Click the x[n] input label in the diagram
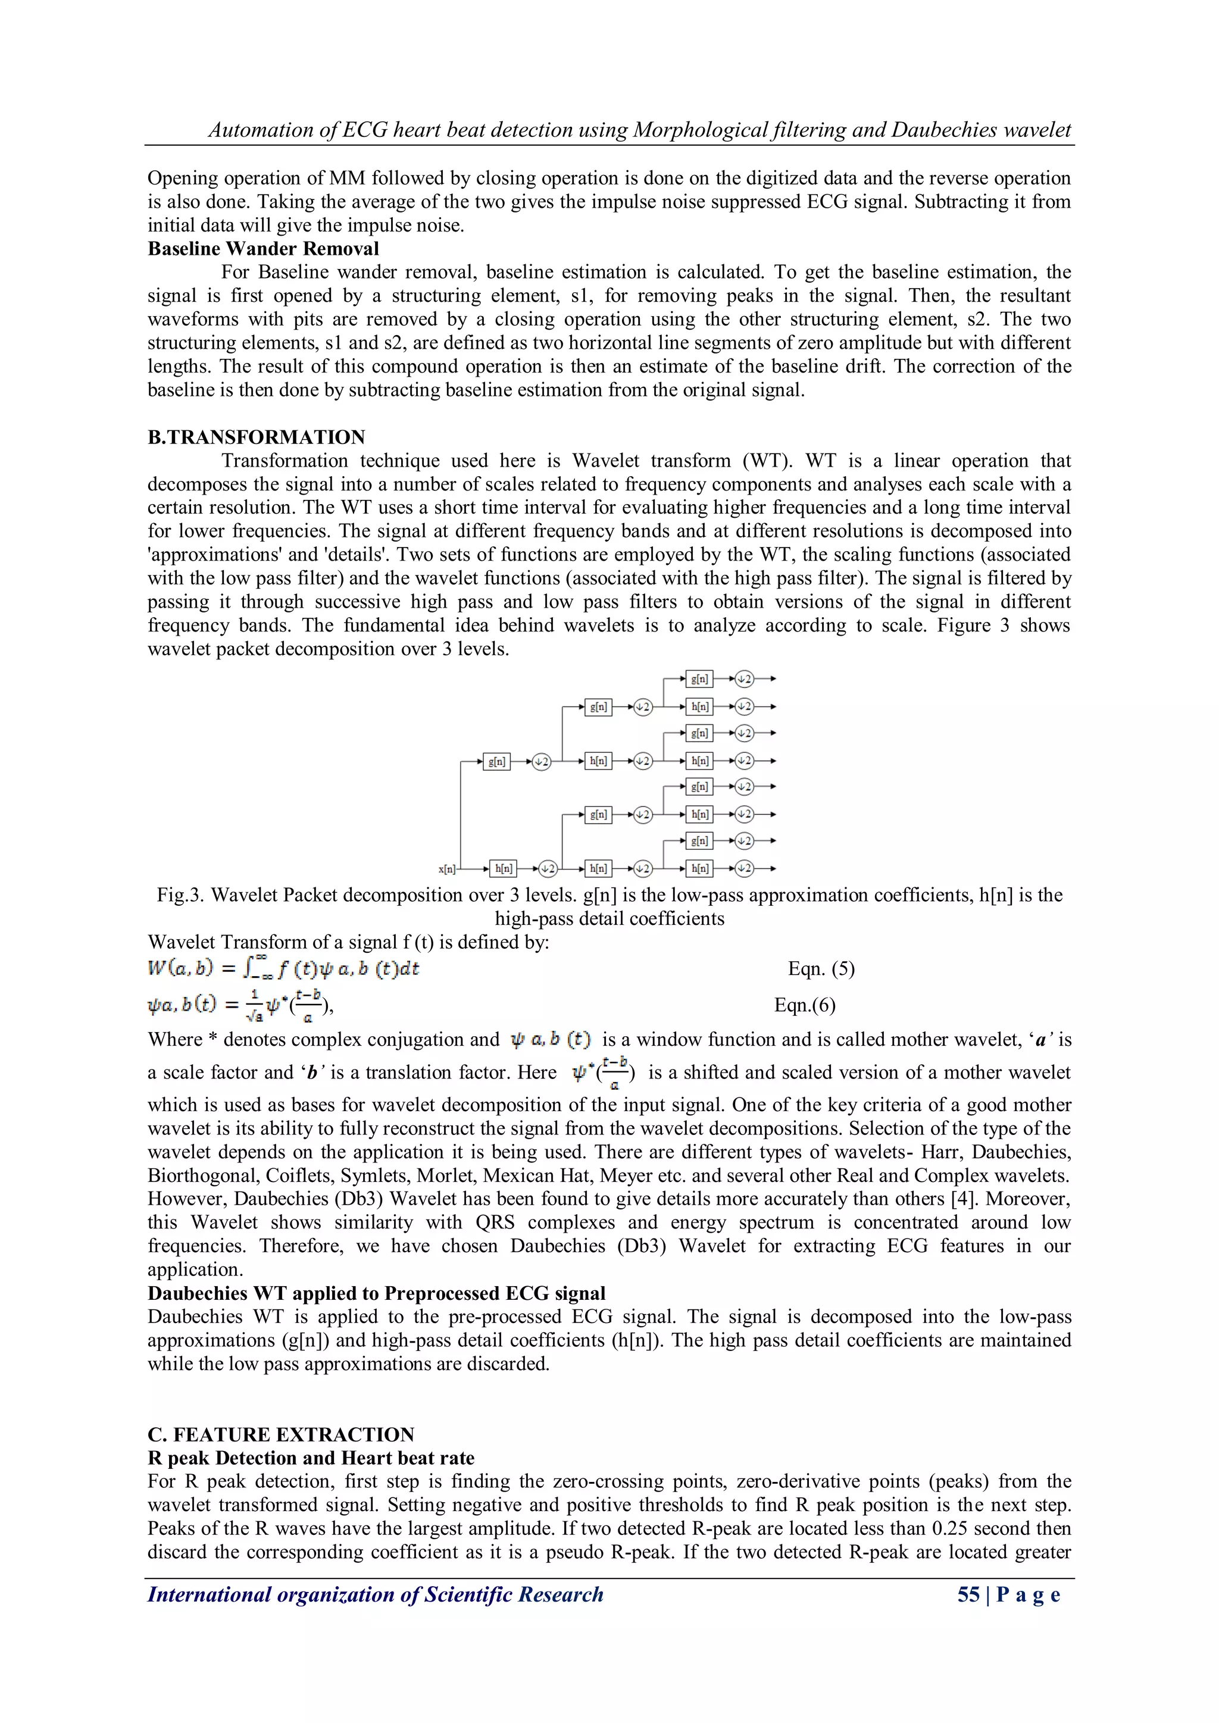[446, 869]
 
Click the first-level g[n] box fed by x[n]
[496, 762]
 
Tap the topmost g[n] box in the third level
[699, 679]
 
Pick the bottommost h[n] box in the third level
[699, 868]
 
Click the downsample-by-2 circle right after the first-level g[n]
[541, 762]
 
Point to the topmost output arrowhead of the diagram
[773, 679]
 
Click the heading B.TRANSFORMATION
[256, 437]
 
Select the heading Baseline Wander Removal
[262, 248]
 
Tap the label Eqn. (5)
[821, 969]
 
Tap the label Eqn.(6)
[805, 1005]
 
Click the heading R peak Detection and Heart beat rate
[311, 1458]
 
